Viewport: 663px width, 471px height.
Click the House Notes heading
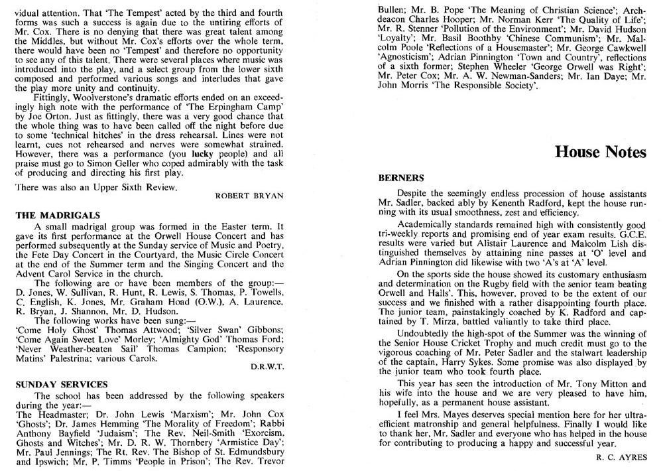pos(601,153)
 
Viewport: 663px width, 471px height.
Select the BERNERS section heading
pos(400,178)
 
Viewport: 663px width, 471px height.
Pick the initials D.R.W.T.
pos(267,366)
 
